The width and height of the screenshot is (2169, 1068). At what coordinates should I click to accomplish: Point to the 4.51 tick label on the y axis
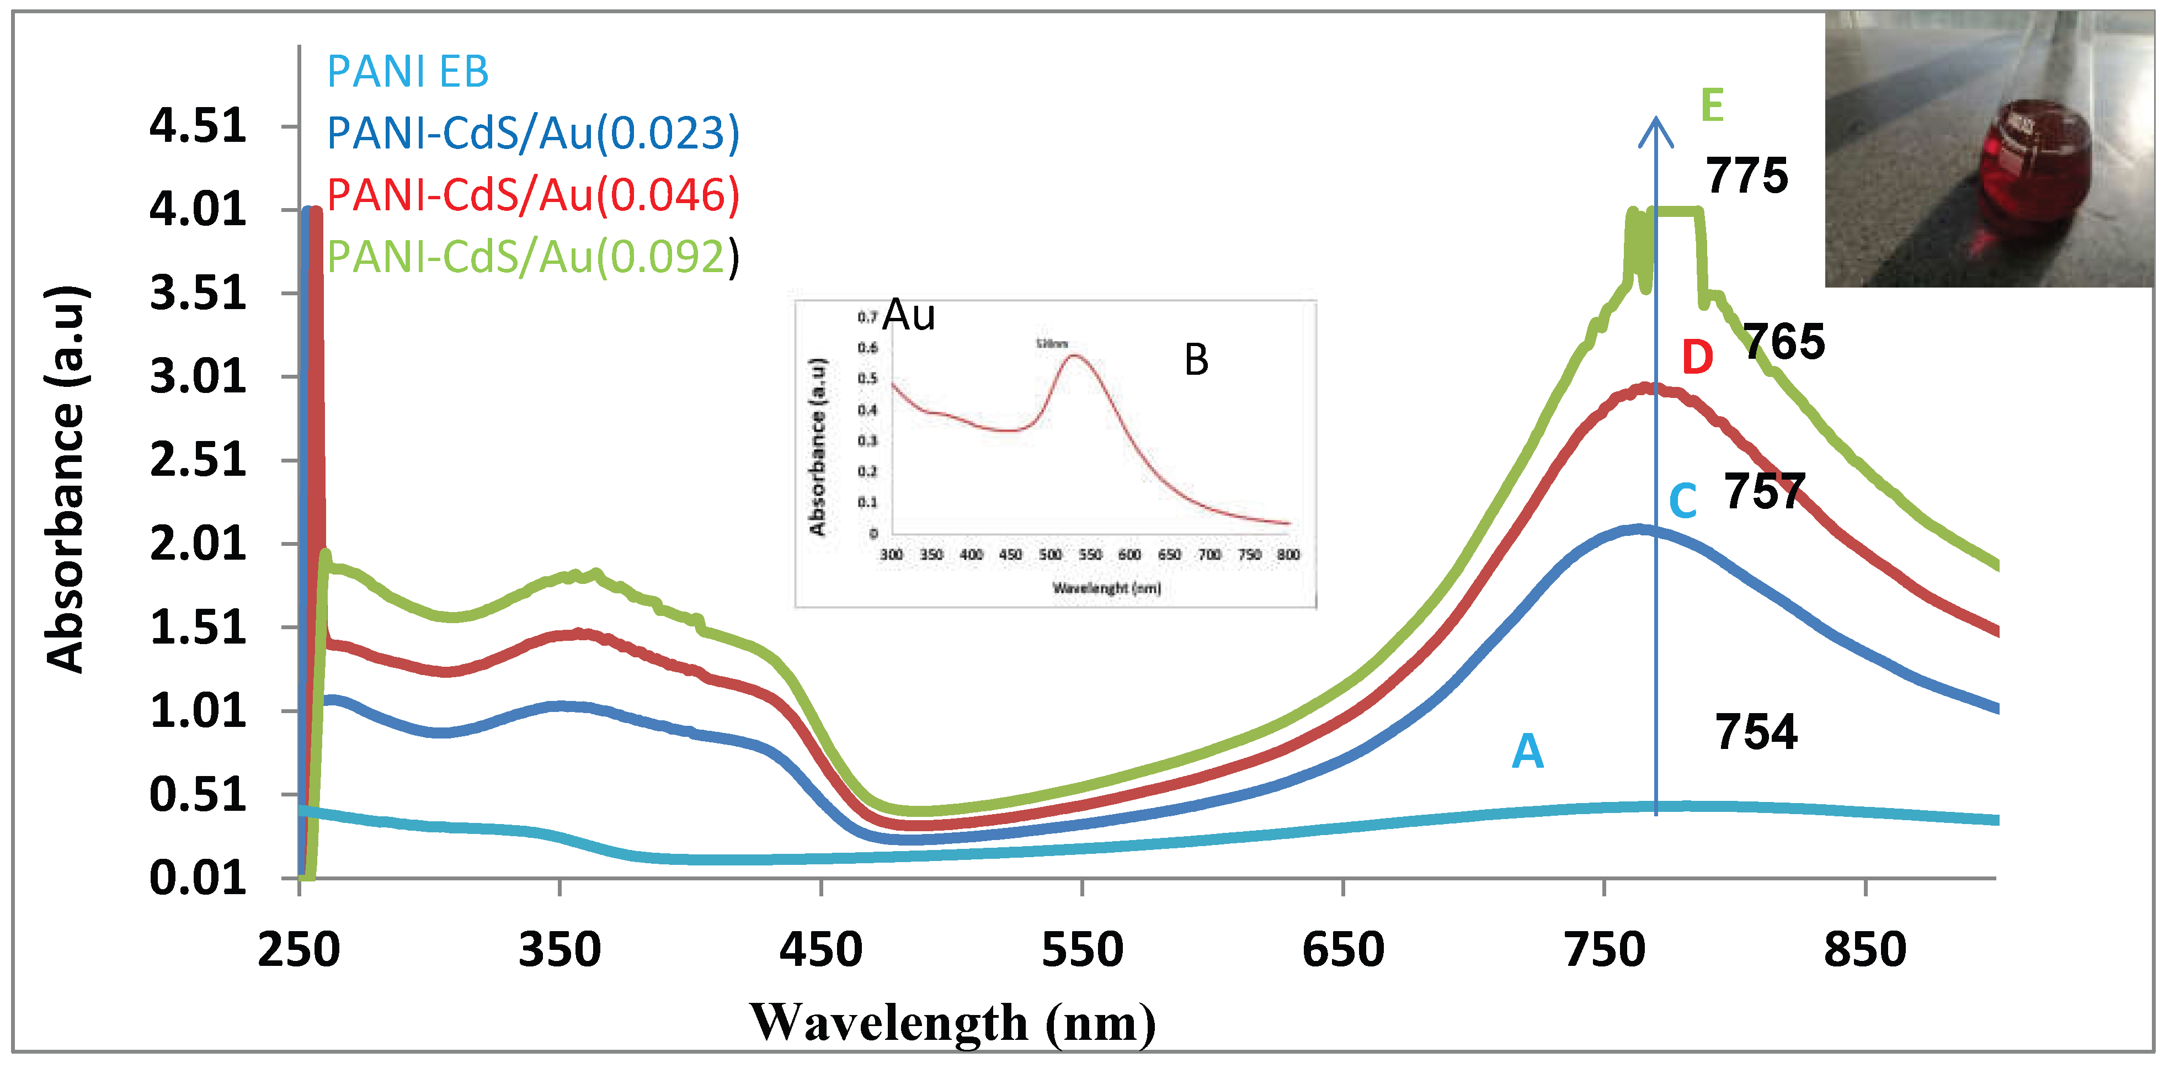click(x=198, y=126)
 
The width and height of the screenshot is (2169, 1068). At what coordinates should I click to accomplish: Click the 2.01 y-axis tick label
click(x=198, y=544)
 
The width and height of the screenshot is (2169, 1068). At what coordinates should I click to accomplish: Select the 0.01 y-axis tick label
click(x=198, y=879)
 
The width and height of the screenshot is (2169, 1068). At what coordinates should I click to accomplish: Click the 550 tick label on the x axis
click(x=1082, y=950)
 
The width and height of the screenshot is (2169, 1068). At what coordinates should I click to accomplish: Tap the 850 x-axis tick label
click(x=1865, y=950)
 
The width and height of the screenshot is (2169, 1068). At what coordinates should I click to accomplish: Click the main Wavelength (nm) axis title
click(x=952, y=1023)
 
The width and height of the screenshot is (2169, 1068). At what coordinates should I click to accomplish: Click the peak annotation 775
click(x=1746, y=176)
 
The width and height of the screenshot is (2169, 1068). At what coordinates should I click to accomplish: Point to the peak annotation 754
click(x=1756, y=731)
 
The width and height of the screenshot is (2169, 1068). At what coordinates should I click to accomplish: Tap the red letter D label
click(x=1697, y=357)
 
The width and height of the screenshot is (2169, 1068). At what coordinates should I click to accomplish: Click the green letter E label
click(x=1712, y=105)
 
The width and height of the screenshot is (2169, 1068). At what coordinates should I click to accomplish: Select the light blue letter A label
click(x=1527, y=751)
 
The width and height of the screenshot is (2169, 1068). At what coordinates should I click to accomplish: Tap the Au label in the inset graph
click(x=909, y=315)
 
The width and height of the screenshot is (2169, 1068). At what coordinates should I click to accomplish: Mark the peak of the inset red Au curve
click(x=1075, y=357)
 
